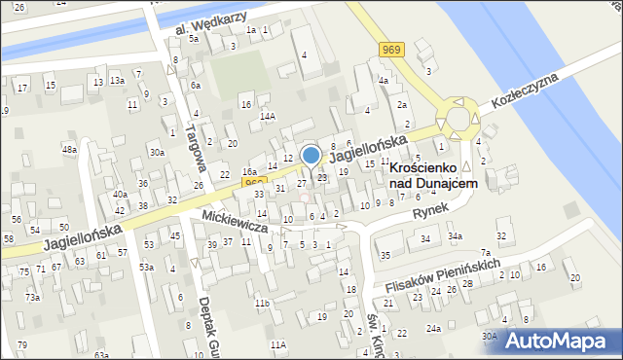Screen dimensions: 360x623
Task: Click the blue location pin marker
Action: (x=311, y=157)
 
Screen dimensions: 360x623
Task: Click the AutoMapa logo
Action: (x=562, y=341)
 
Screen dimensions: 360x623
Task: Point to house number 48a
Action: (x=68, y=150)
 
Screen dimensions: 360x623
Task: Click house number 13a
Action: (x=117, y=80)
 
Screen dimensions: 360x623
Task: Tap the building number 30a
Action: (x=156, y=152)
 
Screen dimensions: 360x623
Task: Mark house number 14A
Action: (x=267, y=116)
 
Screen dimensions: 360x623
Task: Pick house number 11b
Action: (x=262, y=304)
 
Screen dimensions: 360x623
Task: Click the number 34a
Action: (x=455, y=236)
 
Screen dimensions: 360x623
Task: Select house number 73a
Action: (x=32, y=297)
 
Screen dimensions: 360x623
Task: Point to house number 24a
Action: (x=433, y=329)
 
